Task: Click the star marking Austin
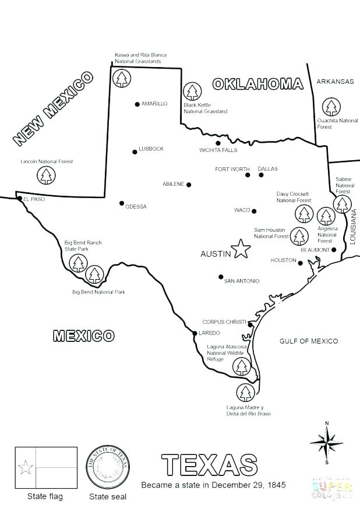coord(241,249)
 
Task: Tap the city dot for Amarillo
coord(137,104)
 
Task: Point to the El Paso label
coord(34,199)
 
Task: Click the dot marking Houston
coord(301,263)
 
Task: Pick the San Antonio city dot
coord(221,277)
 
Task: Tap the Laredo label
coord(210,333)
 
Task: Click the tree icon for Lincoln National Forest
coord(45,175)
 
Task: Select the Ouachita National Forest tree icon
coord(331,107)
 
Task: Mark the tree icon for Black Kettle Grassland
coord(191,91)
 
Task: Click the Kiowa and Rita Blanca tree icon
coord(122,77)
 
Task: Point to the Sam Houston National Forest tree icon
coord(299,236)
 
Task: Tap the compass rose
coord(327,442)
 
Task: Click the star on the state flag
coord(25,467)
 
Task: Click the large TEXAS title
coord(209,465)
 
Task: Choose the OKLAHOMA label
coord(257,84)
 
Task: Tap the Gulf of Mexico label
coord(308,341)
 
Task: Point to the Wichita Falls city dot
coord(218,143)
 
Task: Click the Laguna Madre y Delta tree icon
coord(245,393)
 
